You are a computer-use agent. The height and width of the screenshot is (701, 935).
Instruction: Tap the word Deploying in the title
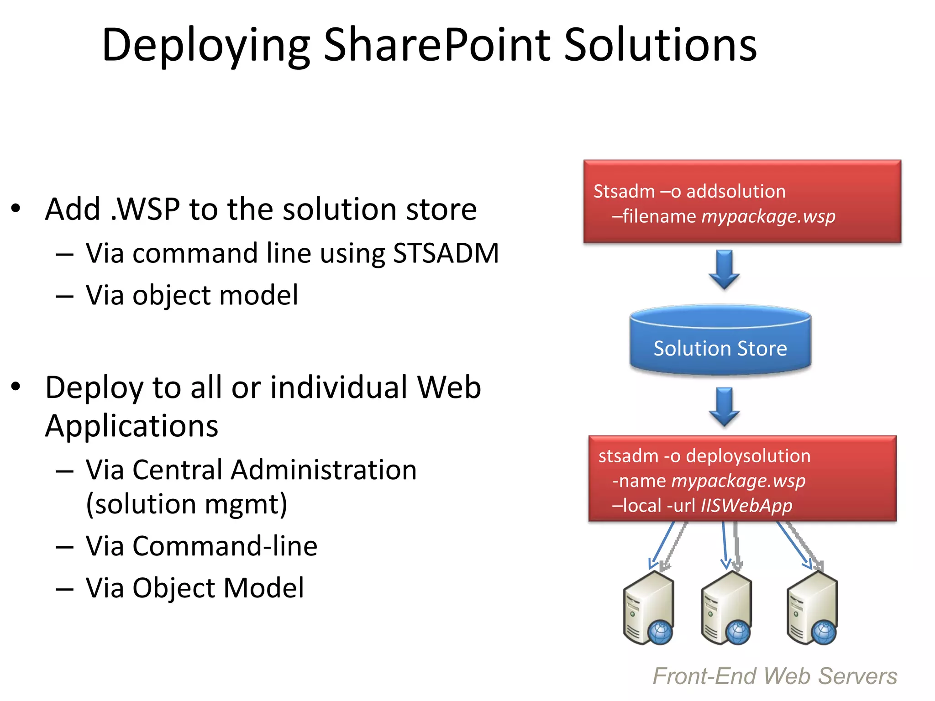(x=206, y=45)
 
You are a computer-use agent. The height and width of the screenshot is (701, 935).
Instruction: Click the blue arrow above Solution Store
(x=724, y=269)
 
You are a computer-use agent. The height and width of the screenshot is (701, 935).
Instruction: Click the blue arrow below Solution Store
(x=724, y=406)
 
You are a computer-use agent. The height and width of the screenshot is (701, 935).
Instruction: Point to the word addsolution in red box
(x=736, y=191)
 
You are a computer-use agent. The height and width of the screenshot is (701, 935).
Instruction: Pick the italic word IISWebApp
(x=746, y=506)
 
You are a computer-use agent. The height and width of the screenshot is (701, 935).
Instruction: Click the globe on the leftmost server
(x=660, y=633)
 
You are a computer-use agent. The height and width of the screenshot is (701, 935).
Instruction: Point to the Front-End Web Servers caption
(x=775, y=676)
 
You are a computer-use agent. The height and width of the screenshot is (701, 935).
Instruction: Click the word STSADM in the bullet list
(x=446, y=253)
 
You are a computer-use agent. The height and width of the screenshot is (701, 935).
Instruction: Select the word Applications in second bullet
(x=132, y=426)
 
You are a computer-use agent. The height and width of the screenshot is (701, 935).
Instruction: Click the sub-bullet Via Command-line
(x=201, y=546)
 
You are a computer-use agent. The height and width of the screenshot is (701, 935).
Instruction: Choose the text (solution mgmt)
(x=187, y=504)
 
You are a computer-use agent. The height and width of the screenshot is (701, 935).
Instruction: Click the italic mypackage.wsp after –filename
(x=768, y=216)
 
